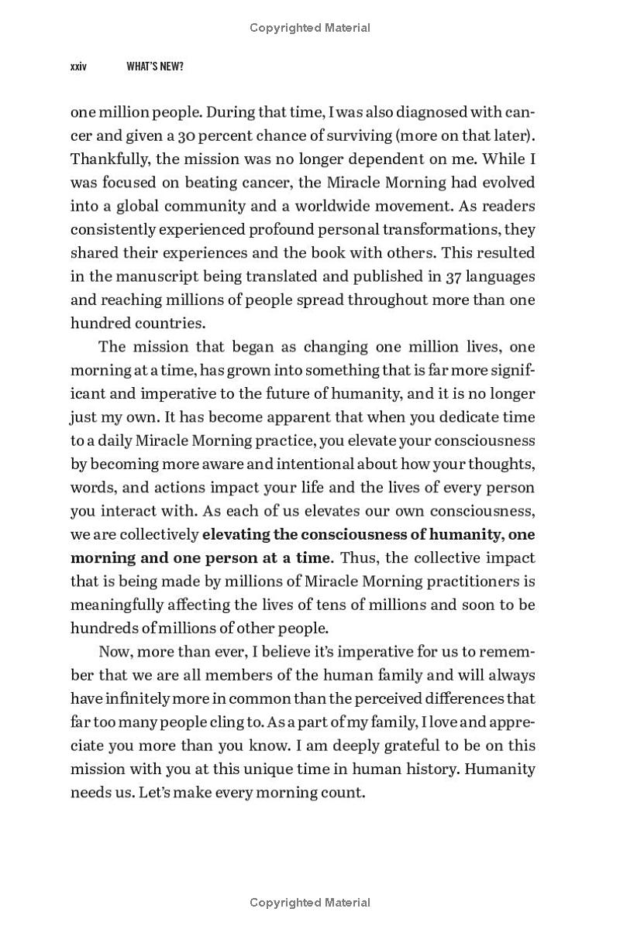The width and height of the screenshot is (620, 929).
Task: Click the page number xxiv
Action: click(x=78, y=67)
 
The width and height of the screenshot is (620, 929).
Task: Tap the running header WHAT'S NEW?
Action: click(x=155, y=67)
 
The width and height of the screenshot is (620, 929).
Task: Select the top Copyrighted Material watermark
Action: click(x=310, y=28)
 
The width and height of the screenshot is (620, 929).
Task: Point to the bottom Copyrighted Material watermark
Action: click(x=310, y=903)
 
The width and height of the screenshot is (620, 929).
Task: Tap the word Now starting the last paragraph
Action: click(x=115, y=652)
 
